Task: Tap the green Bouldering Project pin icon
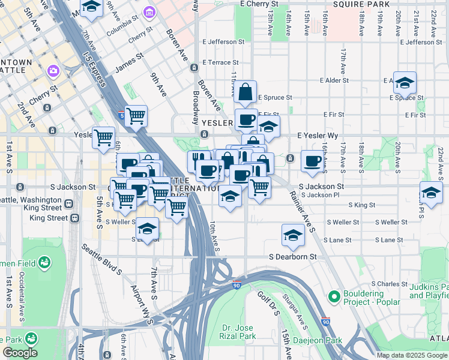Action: pos(334,296)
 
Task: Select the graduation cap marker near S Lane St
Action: pos(293,235)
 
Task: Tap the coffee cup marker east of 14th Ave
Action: pos(312,160)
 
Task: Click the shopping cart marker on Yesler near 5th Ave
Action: pos(104,137)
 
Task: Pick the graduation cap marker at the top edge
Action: pos(91,7)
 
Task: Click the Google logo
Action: pos(20,353)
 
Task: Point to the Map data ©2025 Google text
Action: pos(412,355)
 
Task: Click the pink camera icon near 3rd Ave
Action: pos(53,71)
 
